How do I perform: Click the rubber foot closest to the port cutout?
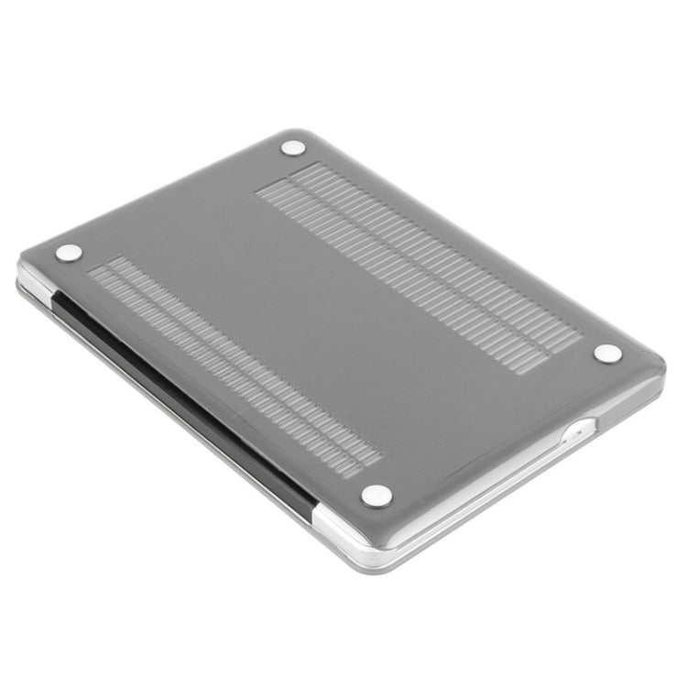point(607,353)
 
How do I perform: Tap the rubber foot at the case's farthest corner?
point(293,147)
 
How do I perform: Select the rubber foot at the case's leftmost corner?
point(69,252)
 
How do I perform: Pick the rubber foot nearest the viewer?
point(376,496)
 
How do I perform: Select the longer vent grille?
point(417,266)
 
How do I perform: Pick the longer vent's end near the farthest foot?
point(293,179)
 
